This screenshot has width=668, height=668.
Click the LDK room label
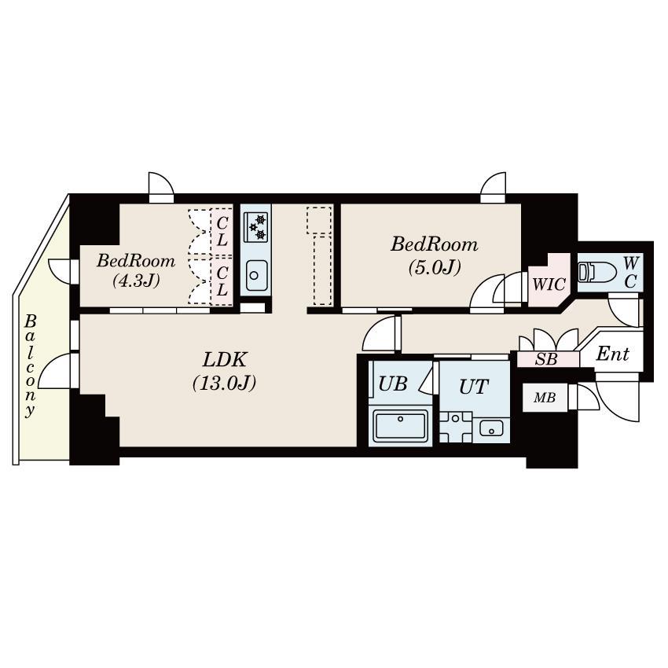[x=225, y=361]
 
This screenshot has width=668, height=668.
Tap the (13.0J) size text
[x=225, y=384]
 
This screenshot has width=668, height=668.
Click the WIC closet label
[x=549, y=284]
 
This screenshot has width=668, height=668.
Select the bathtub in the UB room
[x=400, y=427]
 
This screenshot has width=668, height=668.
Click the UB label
[x=392, y=384]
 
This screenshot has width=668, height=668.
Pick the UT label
[x=474, y=386]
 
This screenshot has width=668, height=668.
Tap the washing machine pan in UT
[x=455, y=428]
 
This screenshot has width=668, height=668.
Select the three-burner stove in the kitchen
[x=255, y=226]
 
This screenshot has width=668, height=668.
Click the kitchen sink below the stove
[x=255, y=274]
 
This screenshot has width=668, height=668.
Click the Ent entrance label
[x=612, y=354]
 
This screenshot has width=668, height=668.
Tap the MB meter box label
[x=545, y=398]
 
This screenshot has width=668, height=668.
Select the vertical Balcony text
[x=30, y=365]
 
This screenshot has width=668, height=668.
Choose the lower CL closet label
[x=222, y=281]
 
